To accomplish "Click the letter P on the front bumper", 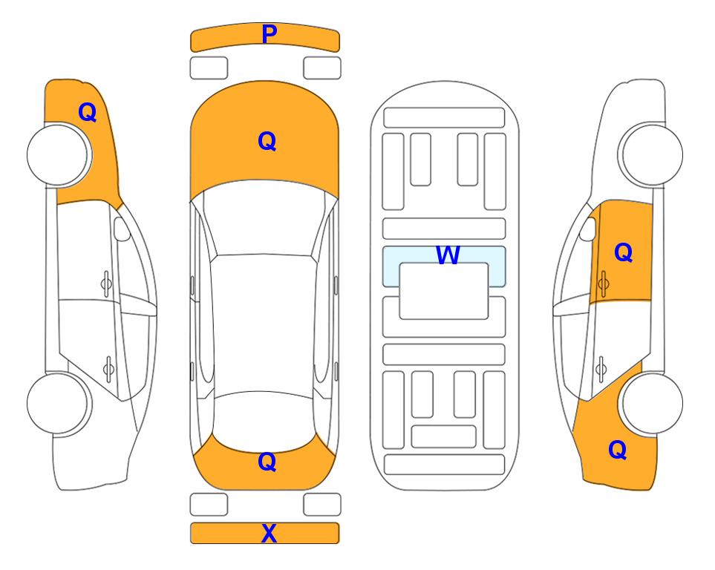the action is coord(270,34).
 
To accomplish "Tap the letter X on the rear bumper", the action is coord(269,533).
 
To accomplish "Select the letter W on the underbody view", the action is coord(448,255).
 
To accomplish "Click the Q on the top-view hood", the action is coord(267,141).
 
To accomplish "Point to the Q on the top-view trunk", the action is coord(267,462).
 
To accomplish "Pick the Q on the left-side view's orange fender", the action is coord(88,112).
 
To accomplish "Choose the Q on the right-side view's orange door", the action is coord(624,252).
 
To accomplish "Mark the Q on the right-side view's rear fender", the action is coord(618,450).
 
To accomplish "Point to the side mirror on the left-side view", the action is coord(122,229).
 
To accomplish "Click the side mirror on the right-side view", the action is coord(588,229).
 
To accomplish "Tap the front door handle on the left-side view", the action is coord(106,284).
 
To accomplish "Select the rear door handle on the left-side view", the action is coord(108,368).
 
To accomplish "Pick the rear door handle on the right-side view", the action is coord(601,368).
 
